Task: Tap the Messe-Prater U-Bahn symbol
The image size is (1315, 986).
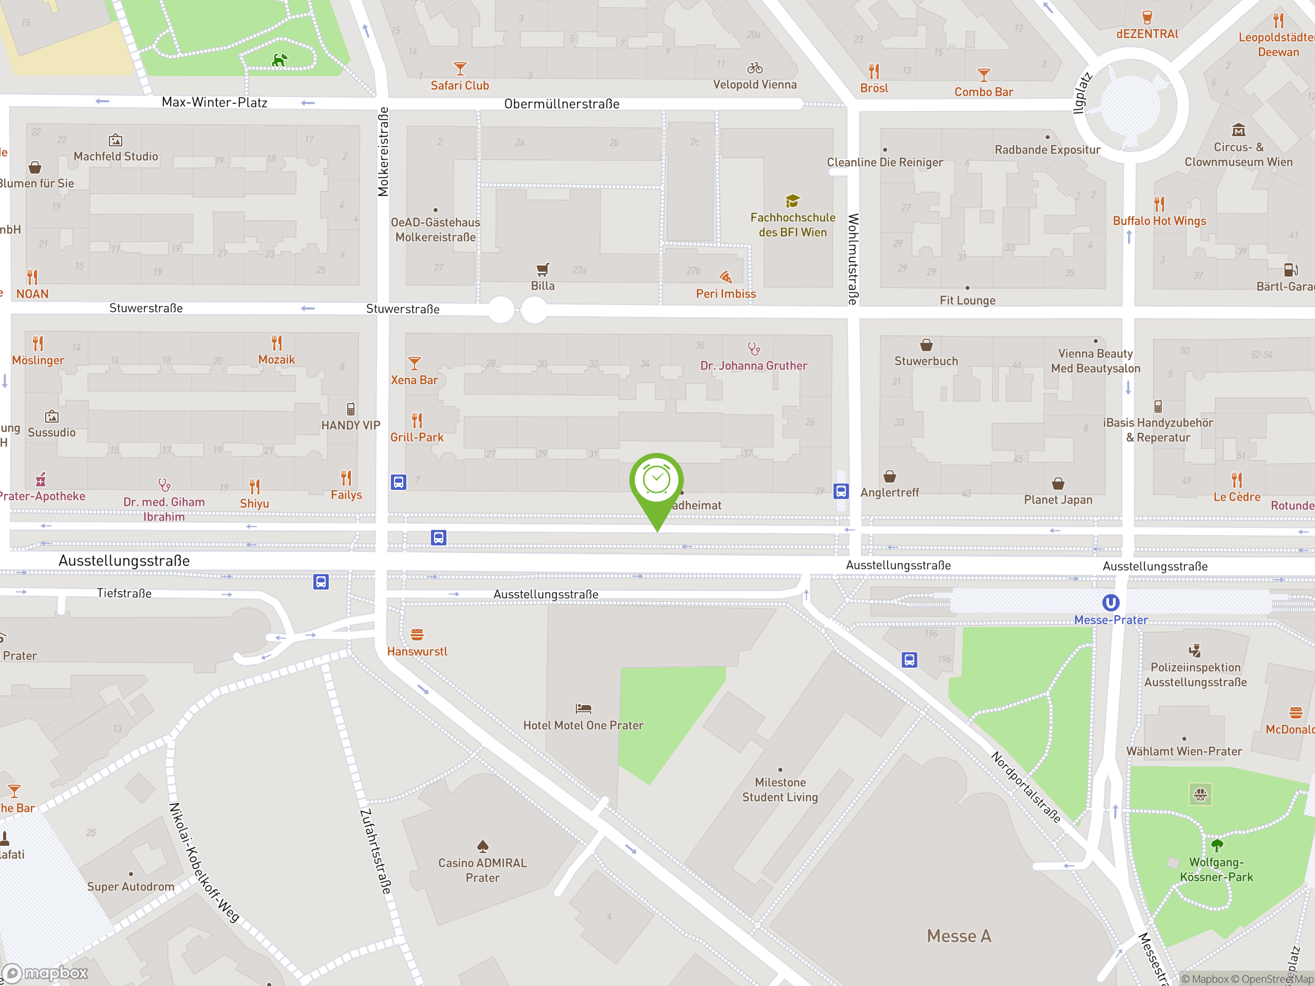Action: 1111,603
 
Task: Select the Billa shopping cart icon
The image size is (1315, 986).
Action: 542,270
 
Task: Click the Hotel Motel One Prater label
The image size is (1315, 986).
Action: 583,725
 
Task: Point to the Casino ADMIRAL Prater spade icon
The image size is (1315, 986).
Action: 483,845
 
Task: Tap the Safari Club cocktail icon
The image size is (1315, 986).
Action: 460,68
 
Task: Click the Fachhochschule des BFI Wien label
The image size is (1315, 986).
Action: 793,224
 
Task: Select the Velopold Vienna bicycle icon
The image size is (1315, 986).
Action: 755,68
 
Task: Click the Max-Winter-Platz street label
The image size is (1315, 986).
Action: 214,102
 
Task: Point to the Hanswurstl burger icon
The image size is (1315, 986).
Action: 417,635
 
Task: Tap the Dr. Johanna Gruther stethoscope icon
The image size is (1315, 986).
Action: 754,348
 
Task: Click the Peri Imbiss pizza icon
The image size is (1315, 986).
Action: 725,277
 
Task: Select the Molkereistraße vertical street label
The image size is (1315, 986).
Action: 383,151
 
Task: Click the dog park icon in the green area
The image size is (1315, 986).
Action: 279,60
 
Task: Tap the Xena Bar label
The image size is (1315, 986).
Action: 415,380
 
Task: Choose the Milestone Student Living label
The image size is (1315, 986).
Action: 780,789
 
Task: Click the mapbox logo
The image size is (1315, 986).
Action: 45,972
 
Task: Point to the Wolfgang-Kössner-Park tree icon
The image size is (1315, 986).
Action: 1217,845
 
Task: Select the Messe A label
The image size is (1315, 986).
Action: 959,936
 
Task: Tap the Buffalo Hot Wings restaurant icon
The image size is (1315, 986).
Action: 1159,204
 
